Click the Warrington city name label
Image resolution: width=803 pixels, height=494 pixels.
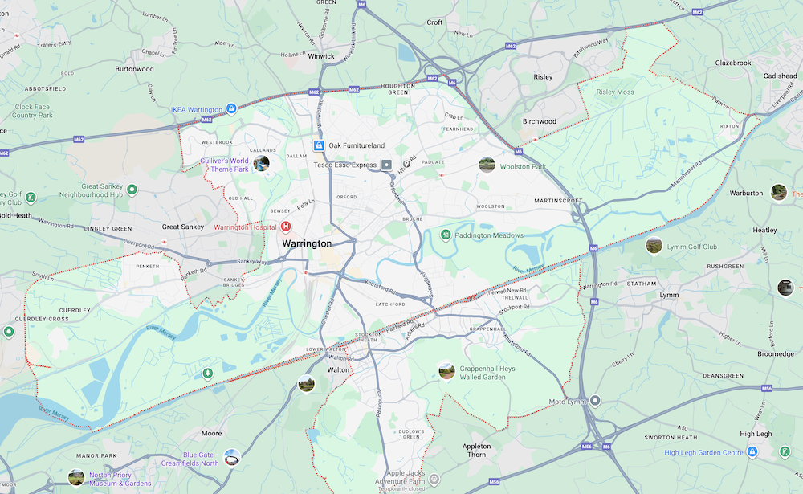pos(306,243)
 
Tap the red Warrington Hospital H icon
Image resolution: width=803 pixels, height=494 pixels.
pos(285,227)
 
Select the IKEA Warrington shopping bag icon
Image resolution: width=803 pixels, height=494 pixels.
pos(231,108)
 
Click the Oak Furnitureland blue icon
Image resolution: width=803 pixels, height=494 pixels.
pos(319,145)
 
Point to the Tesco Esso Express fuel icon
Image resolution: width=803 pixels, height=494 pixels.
pos(386,165)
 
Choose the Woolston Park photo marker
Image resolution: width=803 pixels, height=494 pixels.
pos(487,165)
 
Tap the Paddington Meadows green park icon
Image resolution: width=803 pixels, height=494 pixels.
pos(446,235)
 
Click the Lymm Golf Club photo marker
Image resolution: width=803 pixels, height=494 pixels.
pos(654,246)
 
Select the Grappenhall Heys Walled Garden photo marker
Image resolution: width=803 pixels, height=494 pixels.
pos(446,371)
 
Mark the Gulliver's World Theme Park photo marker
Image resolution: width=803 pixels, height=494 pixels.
pos(261,165)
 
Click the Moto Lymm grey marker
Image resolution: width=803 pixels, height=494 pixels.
pos(595,401)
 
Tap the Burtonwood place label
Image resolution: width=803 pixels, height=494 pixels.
pos(134,69)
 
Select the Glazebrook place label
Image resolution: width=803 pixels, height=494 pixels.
pos(710,63)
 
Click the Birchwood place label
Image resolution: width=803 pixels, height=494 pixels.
pos(540,121)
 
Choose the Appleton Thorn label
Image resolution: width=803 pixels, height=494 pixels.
pos(475,451)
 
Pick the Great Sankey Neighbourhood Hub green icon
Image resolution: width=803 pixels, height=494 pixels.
pos(132,190)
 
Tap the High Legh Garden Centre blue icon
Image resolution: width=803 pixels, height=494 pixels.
pos(752,452)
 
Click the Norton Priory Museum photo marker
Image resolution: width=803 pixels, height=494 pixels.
pos(76,478)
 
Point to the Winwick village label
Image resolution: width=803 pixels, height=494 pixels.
pos(321,57)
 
